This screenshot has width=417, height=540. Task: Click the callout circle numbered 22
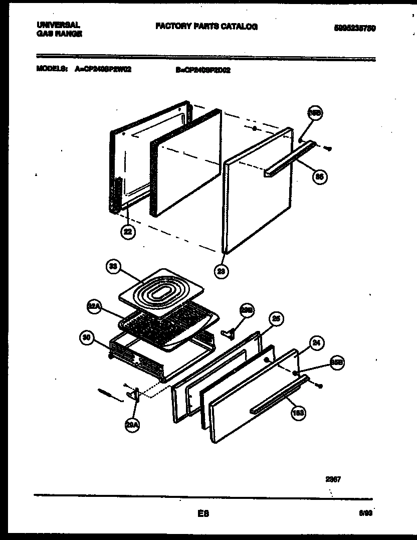click(x=128, y=232)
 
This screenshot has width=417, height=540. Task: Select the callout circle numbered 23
click(x=221, y=271)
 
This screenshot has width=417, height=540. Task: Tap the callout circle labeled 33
click(x=114, y=267)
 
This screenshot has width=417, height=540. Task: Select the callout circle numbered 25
click(x=275, y=318)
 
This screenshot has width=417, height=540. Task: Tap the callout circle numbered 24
click(x=316, y=343)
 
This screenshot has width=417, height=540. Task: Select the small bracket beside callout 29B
click(x=229, y=332)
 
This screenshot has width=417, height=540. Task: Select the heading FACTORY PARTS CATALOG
click(x=206, y=27)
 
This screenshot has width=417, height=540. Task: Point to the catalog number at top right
click(x=354, y=29)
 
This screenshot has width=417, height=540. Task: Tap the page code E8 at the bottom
click(x=203, y=513)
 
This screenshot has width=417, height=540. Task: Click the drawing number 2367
click(x=333, y=479)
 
